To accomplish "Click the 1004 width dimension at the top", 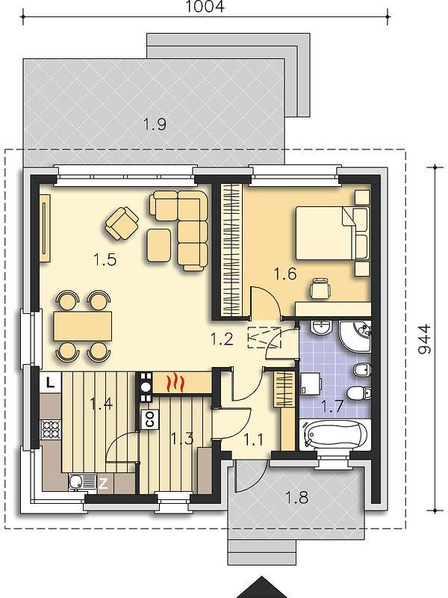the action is click(205, 6).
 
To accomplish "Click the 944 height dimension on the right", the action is click(424, 339).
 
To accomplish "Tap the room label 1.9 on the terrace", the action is click(155, 124).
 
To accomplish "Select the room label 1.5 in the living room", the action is click(105, 259).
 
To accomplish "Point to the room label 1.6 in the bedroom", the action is click(285, 274).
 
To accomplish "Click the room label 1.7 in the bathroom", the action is click(332, 407).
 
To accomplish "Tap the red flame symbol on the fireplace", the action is click(175, 383).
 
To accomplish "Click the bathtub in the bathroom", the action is click(335, 434).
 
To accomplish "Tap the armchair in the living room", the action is click(122, 224).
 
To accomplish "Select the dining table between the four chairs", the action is click(83, 326).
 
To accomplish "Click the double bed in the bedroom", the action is click(332, 233).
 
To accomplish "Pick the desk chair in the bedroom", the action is click(320, 288).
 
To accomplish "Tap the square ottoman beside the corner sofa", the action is click(159, 245).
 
